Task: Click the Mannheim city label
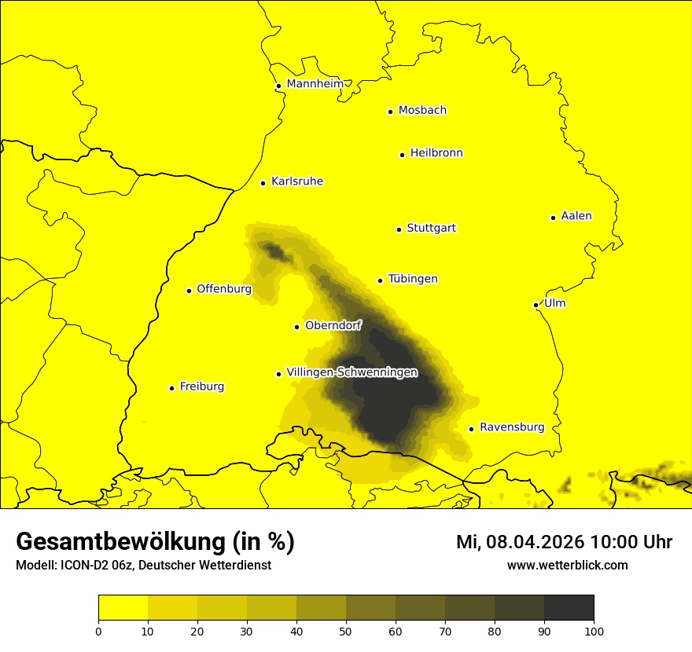click(315, 84)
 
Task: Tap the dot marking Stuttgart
click(399, 229)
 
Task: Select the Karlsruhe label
click(296, 181)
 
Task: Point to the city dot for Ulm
click(536, 305)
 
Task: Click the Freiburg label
click(201, 386)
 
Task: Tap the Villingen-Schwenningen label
click(352, 372)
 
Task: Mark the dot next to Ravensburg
click(471, 429)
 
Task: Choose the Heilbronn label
click(436, 153)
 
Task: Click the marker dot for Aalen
click(553, 218)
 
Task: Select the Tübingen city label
click(413, 279)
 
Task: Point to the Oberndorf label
click(333, 325)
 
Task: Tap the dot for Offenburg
click(189, 291)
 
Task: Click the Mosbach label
click(422, 111)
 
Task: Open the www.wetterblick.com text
click(567, 565)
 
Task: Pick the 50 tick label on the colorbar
click(346, 630)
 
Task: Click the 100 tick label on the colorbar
click(594, 630)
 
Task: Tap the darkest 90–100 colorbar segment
click(569, 608)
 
